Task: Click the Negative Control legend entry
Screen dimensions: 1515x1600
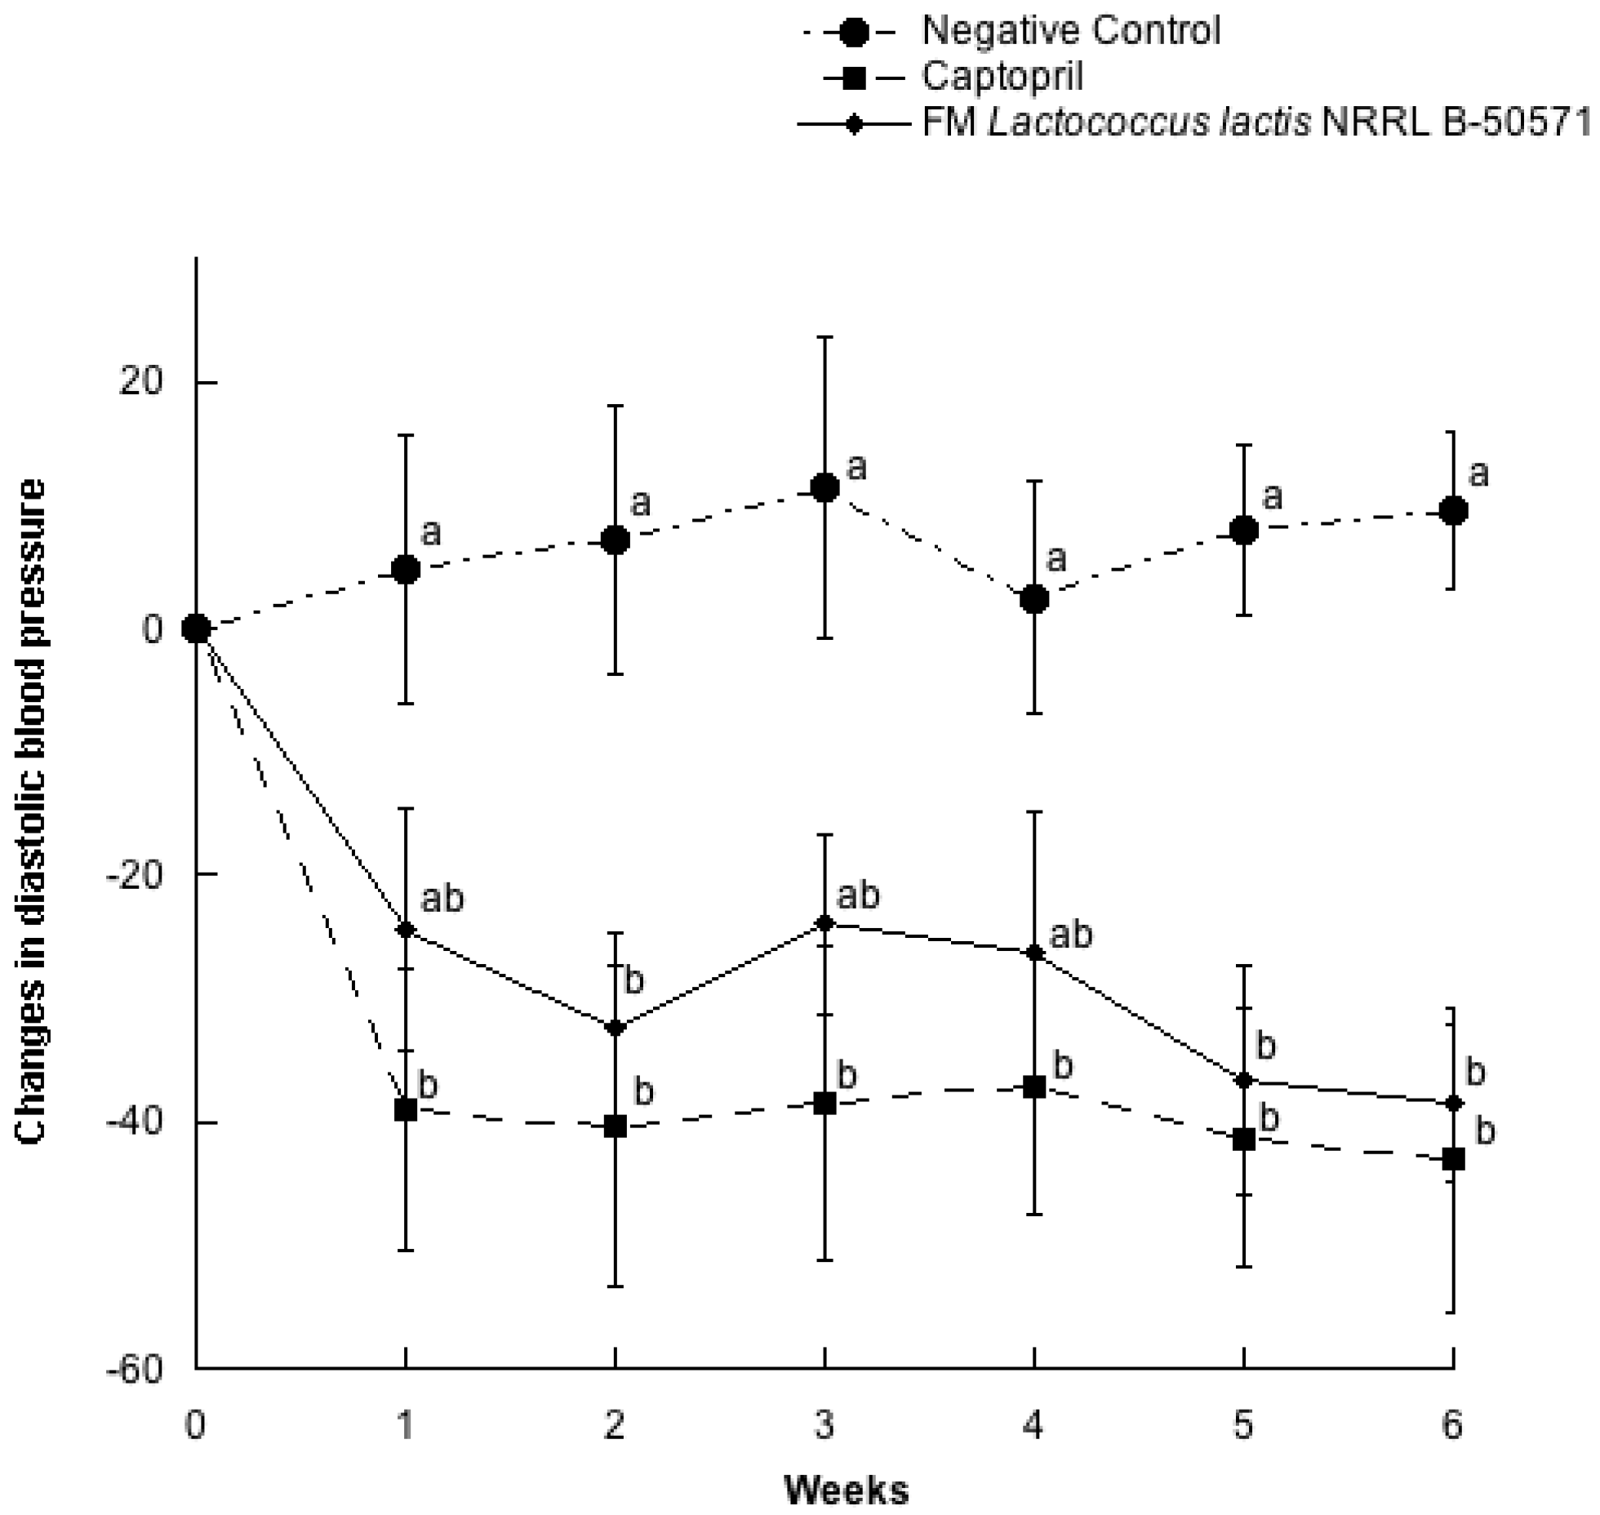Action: [1069, 31]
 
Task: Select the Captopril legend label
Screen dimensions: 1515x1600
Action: [1002, 77]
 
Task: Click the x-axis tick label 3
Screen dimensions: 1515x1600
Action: [824, 1426]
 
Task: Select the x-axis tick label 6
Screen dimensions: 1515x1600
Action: [1452, 1426]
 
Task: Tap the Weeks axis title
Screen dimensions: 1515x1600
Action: [847, 1491]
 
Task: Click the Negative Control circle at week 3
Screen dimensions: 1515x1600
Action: [824, 488]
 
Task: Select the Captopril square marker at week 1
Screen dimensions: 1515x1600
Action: [406, 1109]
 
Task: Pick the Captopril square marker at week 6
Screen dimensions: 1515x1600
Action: [1453, 1159]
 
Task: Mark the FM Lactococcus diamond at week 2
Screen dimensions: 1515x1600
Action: [615, 1027]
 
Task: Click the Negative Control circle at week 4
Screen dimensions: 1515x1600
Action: [1034, 598]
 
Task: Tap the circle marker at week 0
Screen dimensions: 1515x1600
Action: [196, 629]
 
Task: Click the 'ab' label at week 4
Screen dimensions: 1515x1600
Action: [1070, 935]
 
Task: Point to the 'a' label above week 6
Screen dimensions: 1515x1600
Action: [1478, 473]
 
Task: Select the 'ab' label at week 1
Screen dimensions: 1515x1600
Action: [442, 899]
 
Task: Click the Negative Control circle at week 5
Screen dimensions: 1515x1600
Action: [1243, 531]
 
